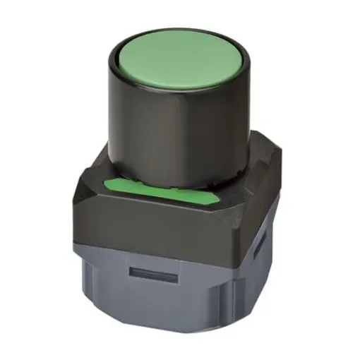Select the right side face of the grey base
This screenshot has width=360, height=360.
coord(258,272)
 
